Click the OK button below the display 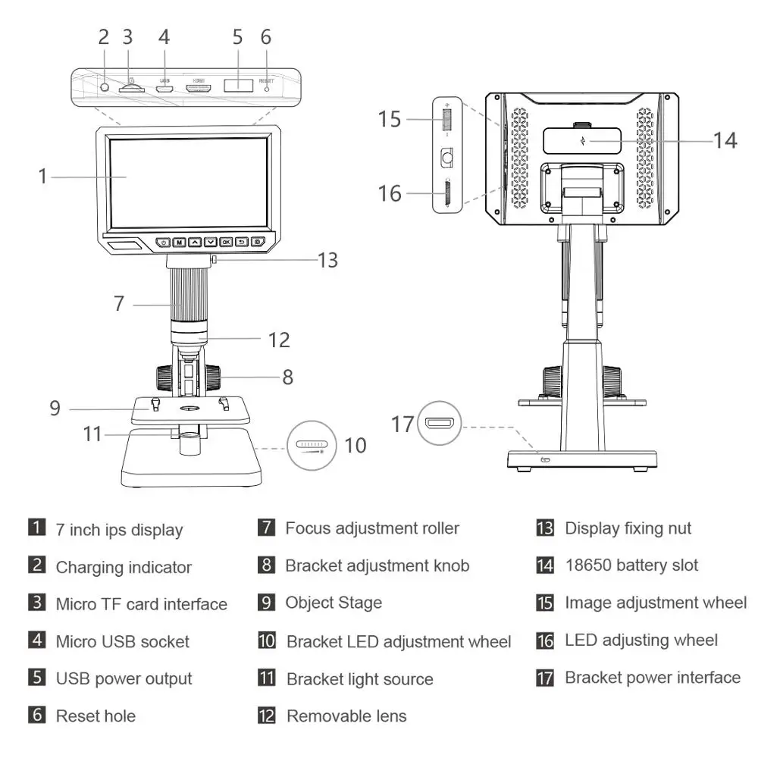point(226,243)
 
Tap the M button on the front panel point(179,243)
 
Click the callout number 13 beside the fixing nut point(327,260)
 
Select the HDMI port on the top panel point(199,88)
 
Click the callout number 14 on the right point(725,139)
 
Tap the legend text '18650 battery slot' point(631,565)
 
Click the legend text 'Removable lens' point(346,716)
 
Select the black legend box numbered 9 point(265,603)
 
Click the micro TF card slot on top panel point(132,88)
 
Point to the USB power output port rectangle point(238,85)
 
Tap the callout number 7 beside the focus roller point(118,303)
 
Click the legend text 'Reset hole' point(96,715)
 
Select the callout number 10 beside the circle point(355,445)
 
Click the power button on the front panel point(163,243)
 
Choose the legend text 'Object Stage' point(334,603)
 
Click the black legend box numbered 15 point(545,603)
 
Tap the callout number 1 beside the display point(43,176)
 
